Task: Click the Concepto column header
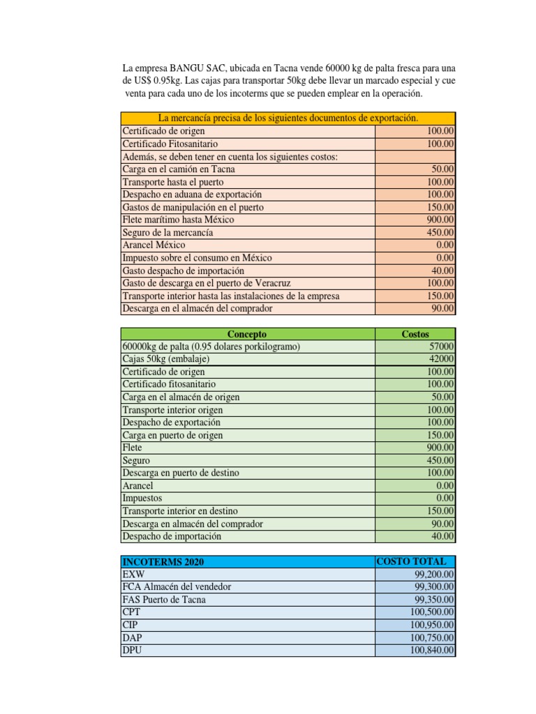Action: (x=247, y=334)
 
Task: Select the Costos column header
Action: (x=415, y=334)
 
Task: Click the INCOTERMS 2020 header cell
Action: (x=164, y=562)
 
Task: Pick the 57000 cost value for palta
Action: (x=442, y=347)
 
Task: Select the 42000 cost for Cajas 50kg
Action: (x=442, y=359)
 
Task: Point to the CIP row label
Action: (x=131, y=625)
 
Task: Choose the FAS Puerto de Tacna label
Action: (x=164, y=600)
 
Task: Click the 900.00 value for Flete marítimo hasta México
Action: (x=441, y=220)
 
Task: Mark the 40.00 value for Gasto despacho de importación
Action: (x=443, y=271)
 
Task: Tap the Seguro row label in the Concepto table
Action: (x=136, y=460)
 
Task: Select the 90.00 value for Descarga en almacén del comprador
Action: (x=443, y=524)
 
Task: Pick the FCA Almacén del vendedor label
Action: (x=177, y=587)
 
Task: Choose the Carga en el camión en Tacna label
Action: (x=179, y=169)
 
